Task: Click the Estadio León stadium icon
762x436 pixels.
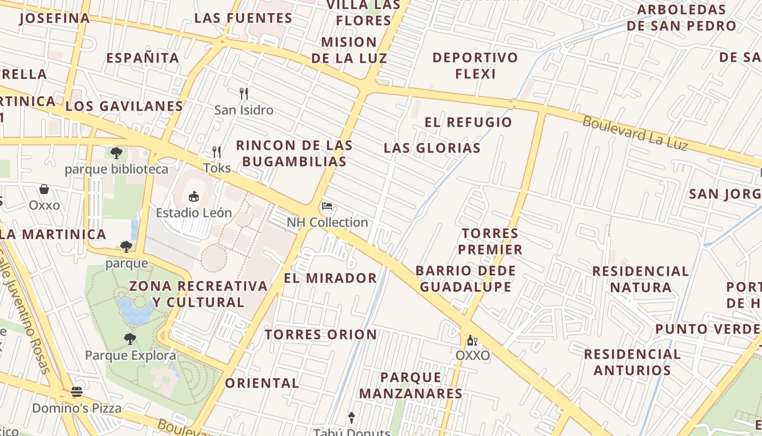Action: coord(194,196)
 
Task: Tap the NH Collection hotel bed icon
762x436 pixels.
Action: coord(327,206)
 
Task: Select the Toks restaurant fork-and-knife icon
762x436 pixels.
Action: coord(217,152)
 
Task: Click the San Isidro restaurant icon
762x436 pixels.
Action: coord(244,94)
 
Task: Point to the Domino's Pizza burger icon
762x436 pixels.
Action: coord(77,392)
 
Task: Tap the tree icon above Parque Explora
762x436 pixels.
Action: coord(130,339)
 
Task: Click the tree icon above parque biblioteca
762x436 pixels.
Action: coord(116,153)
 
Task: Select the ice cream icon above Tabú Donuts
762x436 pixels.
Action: coord(352,418)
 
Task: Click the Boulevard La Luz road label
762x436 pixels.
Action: coord(635,134)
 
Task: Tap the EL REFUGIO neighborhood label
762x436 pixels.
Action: coord(469,122)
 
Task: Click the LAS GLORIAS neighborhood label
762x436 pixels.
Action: coord(432,148)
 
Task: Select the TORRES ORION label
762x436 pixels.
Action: coord(321,334)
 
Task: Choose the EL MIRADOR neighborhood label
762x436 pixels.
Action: coord(330,278)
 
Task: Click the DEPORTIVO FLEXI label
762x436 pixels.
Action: coord(475,65)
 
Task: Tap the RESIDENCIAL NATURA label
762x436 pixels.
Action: coord(641,279)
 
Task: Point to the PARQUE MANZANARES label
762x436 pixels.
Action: coord(411,385)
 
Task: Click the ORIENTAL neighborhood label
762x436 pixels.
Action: coord(262,383)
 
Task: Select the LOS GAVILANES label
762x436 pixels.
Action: coord(124,106)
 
